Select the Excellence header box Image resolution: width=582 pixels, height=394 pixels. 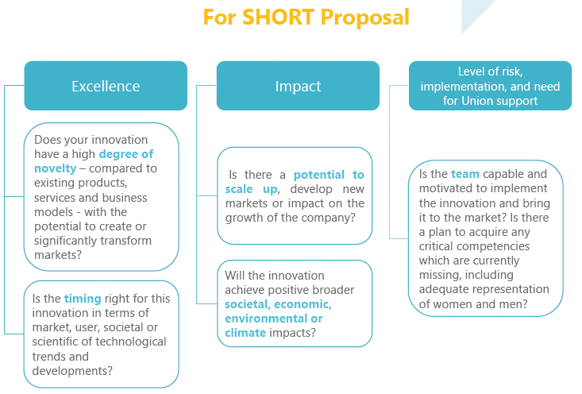pyautogui.click(x=106, y=86)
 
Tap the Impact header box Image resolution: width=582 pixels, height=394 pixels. pyautogui.click(x=298, y=86)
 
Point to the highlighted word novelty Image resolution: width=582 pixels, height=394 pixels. pyautogui.click(x=55, y=168)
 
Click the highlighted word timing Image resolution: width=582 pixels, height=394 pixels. pyautogui.click(x=83, y=298)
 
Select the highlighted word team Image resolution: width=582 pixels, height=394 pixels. pyautogui.click(x=465, y=174)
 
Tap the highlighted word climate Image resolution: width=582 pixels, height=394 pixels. pyautogui.click(x=245, y=333)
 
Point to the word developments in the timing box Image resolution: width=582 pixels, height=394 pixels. pyautogui.click(x=72, y=371)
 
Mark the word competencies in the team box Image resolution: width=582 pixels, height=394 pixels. pyautogui.click(x=490, y=246)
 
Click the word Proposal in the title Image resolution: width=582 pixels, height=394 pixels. pyautogui.click(x=365, y=17)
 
